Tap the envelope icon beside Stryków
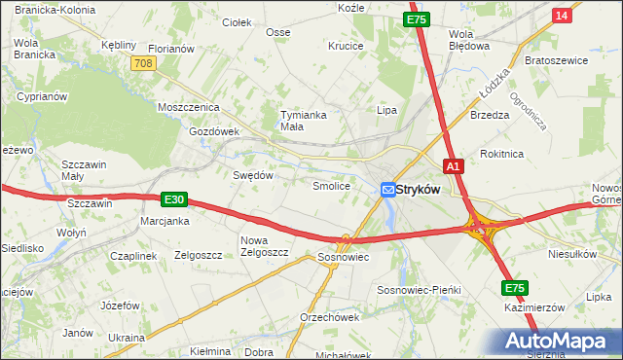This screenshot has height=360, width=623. [x=387, y=190]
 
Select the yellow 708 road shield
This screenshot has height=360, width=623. [x=144, y=62]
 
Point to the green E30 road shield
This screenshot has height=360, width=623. [x=173, y=199]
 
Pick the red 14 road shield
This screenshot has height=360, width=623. [x=560, y=16]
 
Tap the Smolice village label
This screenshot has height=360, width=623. [x=330, y=185]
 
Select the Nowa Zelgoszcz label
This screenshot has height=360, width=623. [x=265, y=246]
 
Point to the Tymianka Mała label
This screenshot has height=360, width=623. [x=302, y=120]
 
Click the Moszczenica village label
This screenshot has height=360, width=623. [x=190, y=107]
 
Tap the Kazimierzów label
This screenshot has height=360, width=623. [x=535, y=306]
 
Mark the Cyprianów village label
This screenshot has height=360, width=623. [x=41, y=97]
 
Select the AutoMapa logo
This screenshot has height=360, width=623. [x=559, y=341]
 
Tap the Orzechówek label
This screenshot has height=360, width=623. [x=330, y=317]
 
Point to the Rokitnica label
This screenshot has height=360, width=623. [x=502, y=154]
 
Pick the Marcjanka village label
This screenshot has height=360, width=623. [x=164, y=221]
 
